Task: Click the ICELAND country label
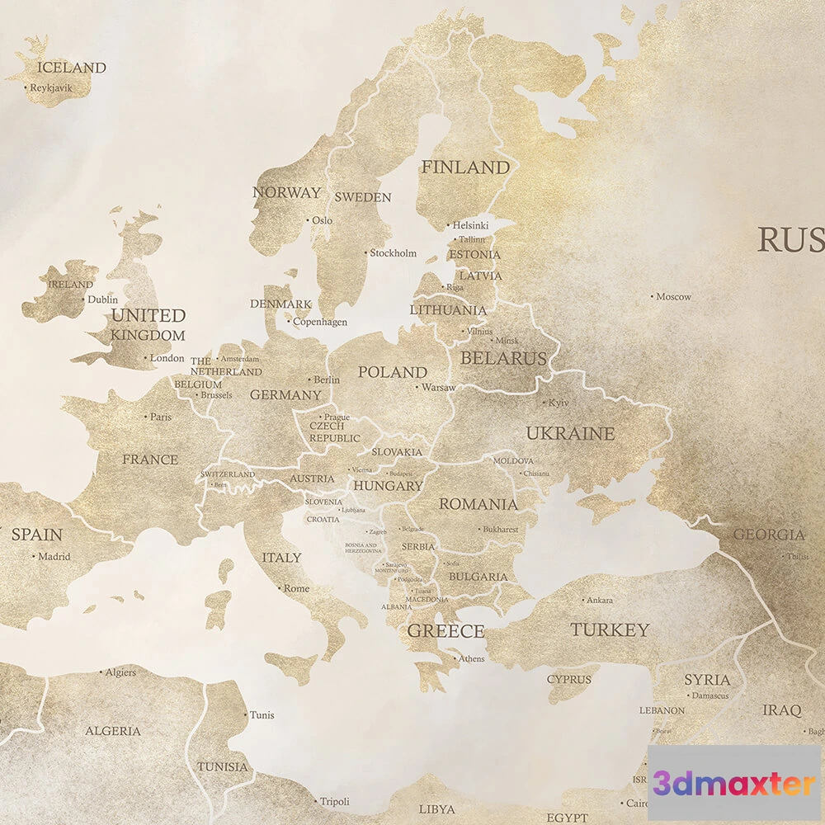pos(73,68)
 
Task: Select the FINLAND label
pos(465,167)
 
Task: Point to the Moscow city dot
pos(652,295)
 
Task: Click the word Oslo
pos(322,220)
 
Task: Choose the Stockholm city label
pos(393,253)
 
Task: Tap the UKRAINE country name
pos(570,433)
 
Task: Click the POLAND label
pos(393,372)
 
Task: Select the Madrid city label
pos(54,557)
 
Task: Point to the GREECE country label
pos(445,632)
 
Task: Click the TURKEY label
pos(610,630)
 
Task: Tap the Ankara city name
pos(599,601)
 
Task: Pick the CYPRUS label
pos(569,680)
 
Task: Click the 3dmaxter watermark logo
pos(733,783)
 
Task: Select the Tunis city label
pos(262,715)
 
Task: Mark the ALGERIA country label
pos(113,731)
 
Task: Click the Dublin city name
pos(103,300)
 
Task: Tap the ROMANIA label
pos(478,504)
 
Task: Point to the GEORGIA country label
pos(769,535)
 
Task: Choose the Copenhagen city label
pos(320,323)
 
